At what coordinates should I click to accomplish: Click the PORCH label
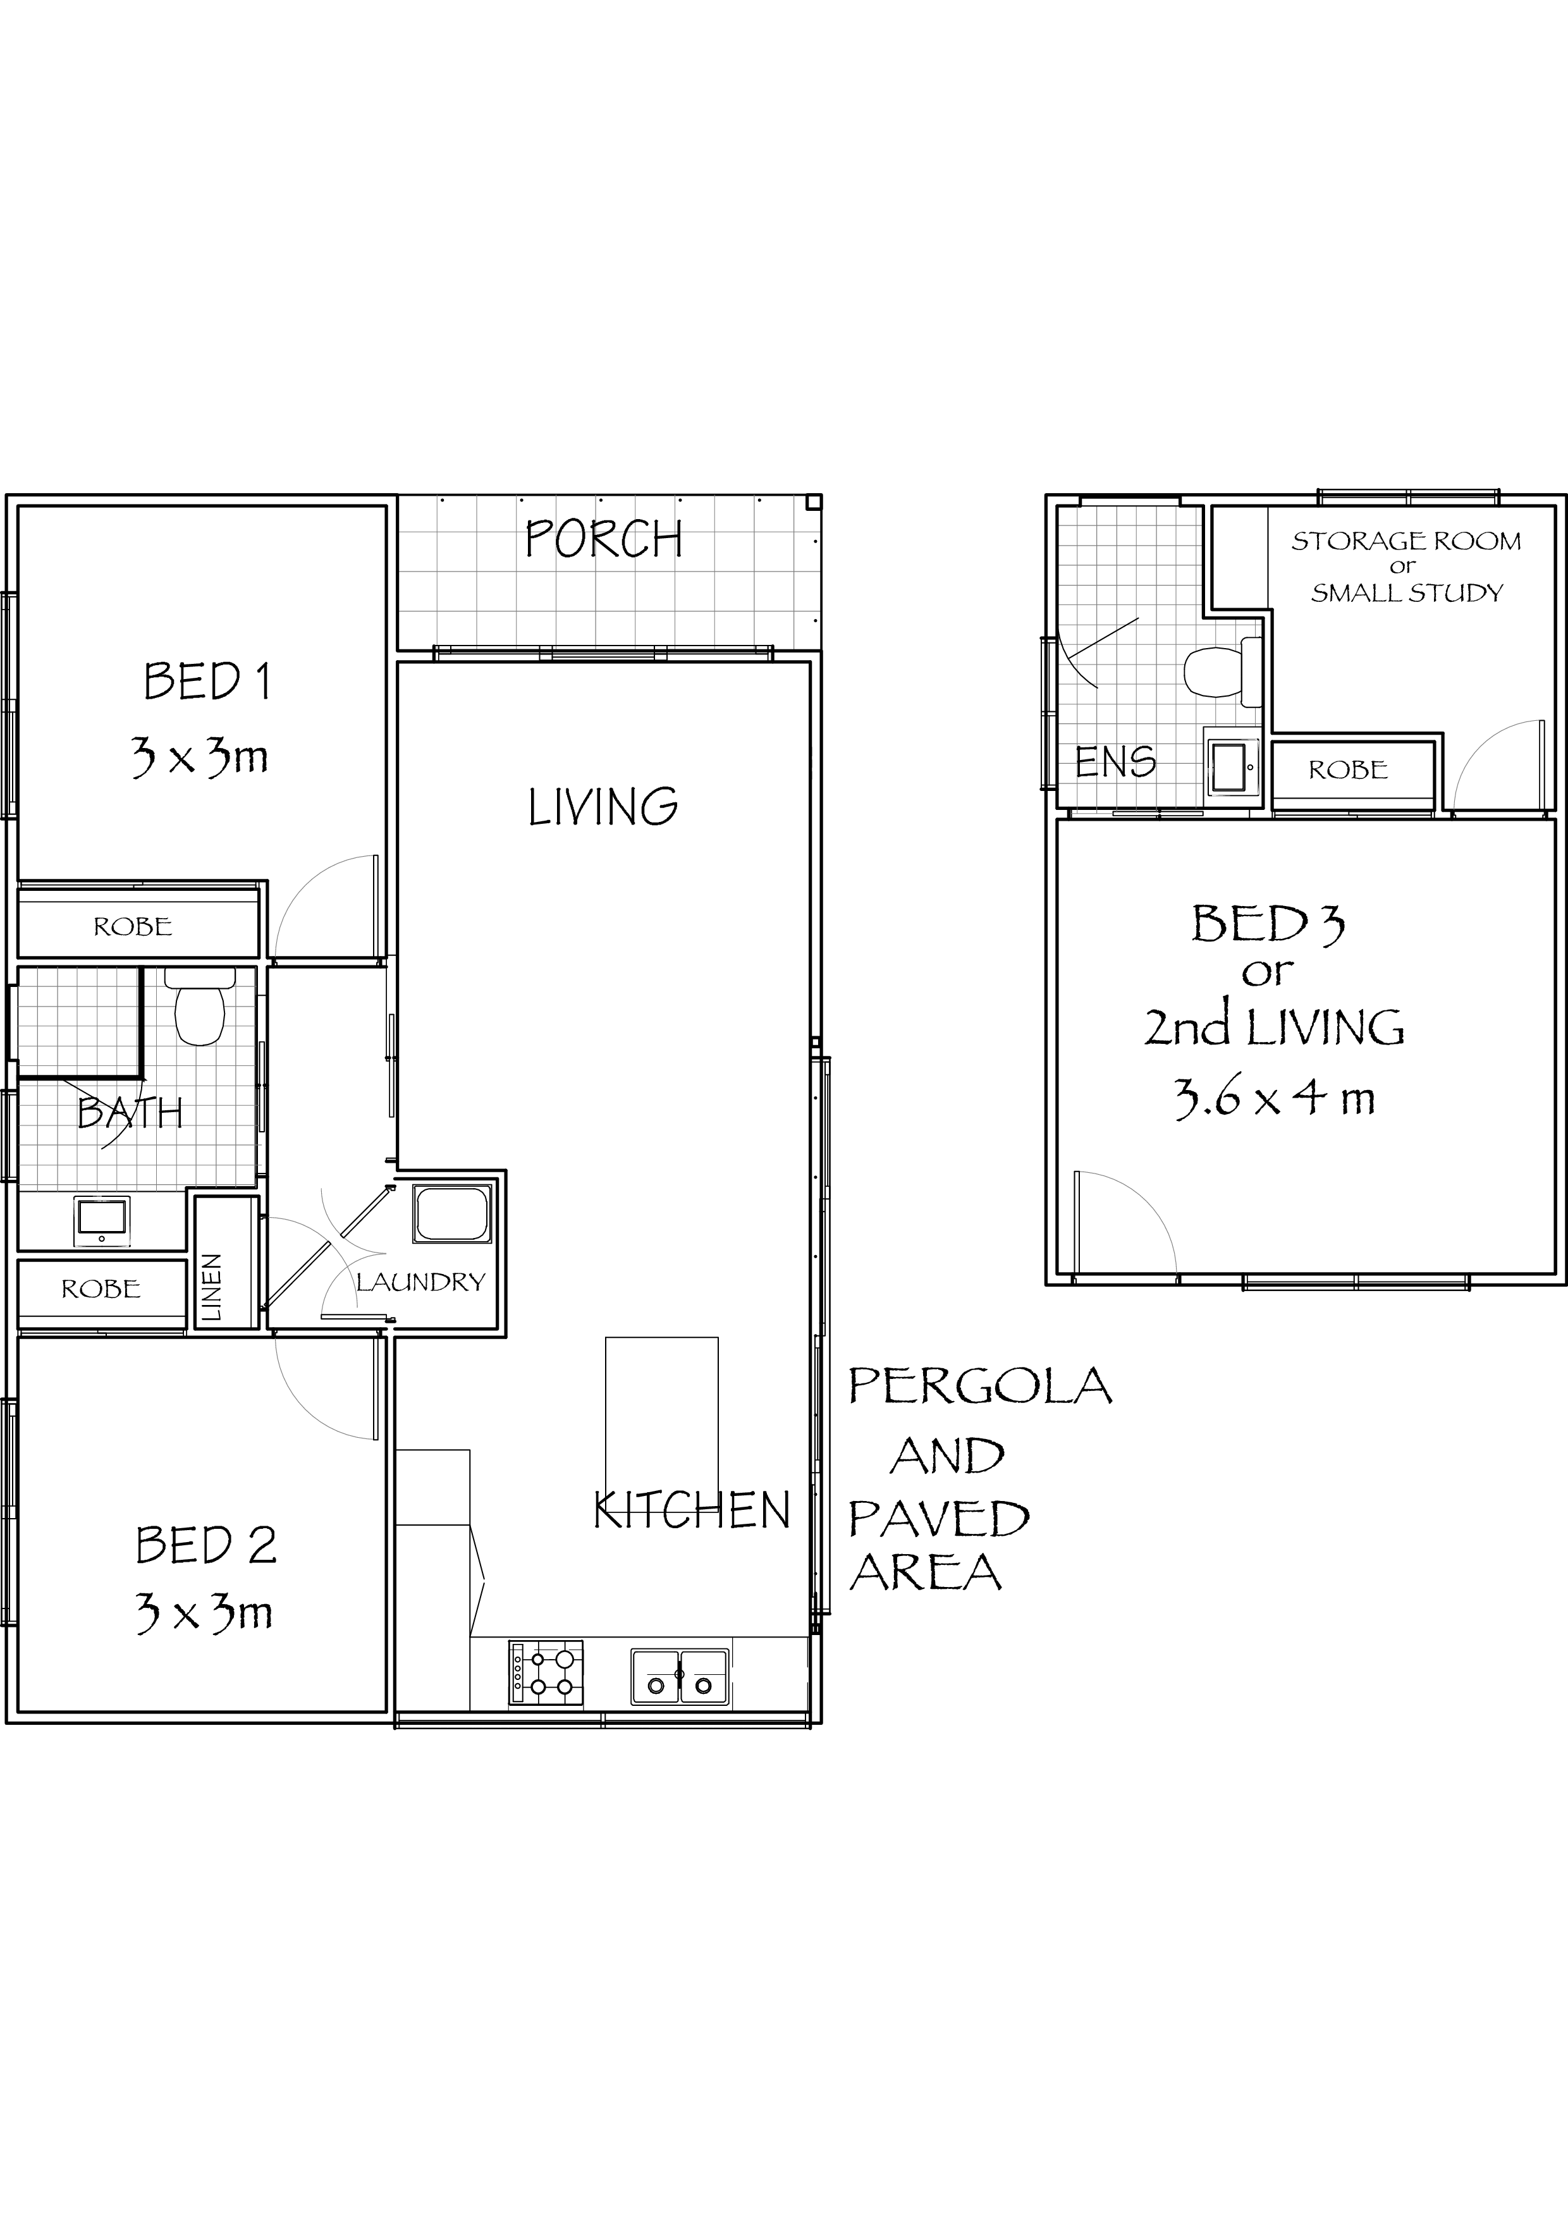tap(604, 539)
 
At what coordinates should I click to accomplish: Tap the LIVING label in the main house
tap(603, 807)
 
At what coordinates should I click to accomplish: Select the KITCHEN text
tap(692, 1510)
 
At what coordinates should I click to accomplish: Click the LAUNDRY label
tap(420, 1282)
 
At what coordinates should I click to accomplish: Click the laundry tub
tap(452, 1215)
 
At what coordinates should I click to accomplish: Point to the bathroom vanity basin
tap(101, 1221)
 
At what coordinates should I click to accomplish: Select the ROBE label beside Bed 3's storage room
tap(1348, 770)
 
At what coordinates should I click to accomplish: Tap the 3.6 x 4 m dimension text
tap(1274, 1098)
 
